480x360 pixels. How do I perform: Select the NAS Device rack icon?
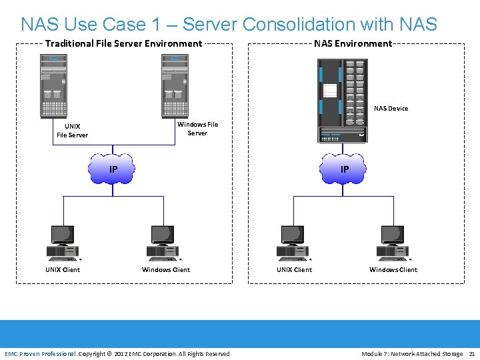tap(343, 101)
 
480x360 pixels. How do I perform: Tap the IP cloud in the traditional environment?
tap(113, 169)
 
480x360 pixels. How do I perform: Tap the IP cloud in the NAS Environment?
tap(343, 169)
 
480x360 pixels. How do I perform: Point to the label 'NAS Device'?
tap(391, 108)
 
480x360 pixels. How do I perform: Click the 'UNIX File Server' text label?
tap(72, 131)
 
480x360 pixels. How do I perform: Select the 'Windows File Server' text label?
tap(197, 129)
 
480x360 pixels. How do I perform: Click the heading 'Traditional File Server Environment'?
tap(123, 44)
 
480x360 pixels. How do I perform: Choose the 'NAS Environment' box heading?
tap(353, 44)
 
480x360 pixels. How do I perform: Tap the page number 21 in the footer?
tap(472, 353)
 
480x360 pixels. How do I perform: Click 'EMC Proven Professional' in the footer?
tap(40, 353)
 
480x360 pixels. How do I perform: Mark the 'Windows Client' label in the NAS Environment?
tap(393, 270)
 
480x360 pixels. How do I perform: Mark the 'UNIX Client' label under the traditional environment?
tap(63, 270)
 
